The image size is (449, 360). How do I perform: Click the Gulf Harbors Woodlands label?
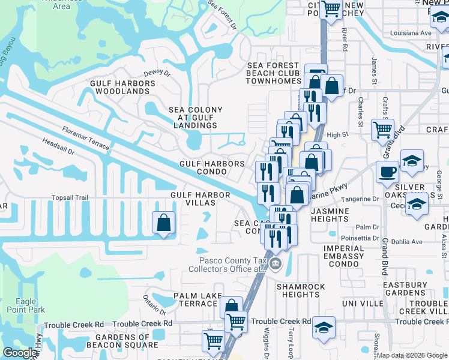click(x=119, y=87)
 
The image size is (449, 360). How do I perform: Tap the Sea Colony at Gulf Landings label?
click(x=195, y=118)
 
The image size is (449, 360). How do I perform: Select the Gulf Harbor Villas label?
click(x=200, y=199)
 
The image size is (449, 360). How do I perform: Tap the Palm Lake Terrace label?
click(x=195, y=300)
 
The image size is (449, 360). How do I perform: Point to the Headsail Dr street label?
click(x=58, y=148)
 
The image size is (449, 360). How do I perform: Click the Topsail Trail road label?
click(x=70, y=197)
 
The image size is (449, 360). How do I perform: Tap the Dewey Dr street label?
click(x=157, y=73)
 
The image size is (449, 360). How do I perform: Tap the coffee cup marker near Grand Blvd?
click(x=387, y=172)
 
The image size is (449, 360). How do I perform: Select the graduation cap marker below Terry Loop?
click(x=324, y=328)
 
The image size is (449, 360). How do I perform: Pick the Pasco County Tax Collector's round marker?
click(x=275, y=264)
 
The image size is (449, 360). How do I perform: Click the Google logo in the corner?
click(x=19, y=353)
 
